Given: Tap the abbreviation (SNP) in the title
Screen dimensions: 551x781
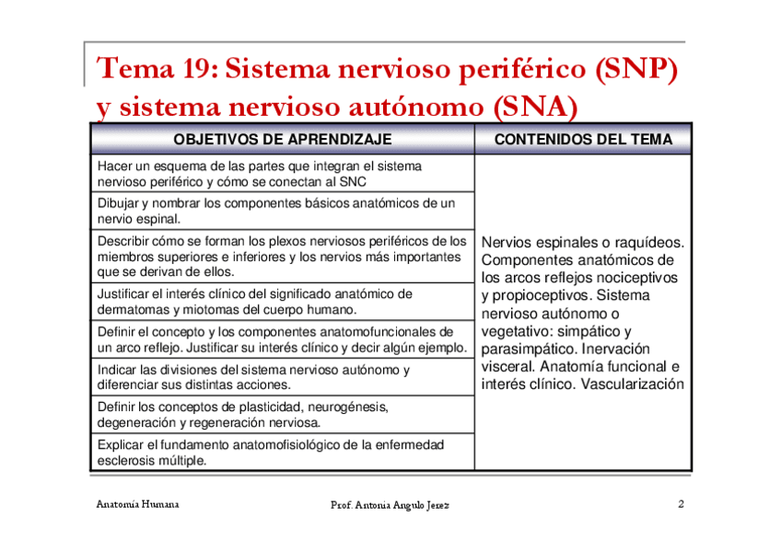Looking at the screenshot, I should pos(635,68).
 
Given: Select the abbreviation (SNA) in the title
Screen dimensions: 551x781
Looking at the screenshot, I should pos(534,109).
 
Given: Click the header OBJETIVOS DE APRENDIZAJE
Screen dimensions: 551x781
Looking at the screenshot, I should pos(282,139).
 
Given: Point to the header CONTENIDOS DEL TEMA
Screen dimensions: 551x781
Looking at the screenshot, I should pos(583,139).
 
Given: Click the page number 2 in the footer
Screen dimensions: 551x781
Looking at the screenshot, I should pos(680,504).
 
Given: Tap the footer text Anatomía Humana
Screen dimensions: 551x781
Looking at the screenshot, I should pos(138,504).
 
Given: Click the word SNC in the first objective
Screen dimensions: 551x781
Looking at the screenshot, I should pos(353,182).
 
